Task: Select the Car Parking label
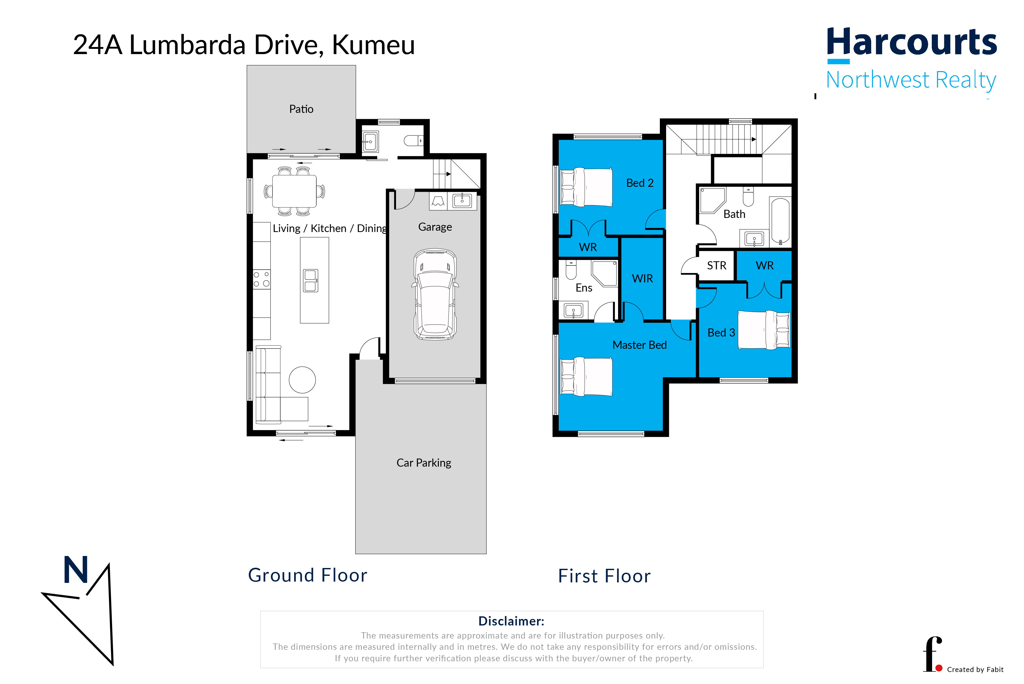click(423, 463)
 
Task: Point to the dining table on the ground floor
click(294, 191)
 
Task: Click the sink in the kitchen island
click(311, 281)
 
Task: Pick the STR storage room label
click(717, 266)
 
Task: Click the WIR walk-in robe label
click(642, 279)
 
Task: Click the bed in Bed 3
click(764, 330)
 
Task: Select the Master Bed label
click(639, 345)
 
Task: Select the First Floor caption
click(604, 576)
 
